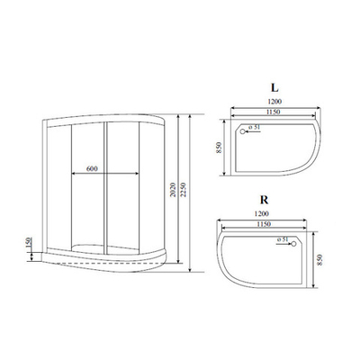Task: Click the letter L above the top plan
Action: [272, 90]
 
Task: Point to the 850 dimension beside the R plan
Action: [319, 265]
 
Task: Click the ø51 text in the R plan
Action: [283, 241]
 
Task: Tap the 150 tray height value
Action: [30, 244]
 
